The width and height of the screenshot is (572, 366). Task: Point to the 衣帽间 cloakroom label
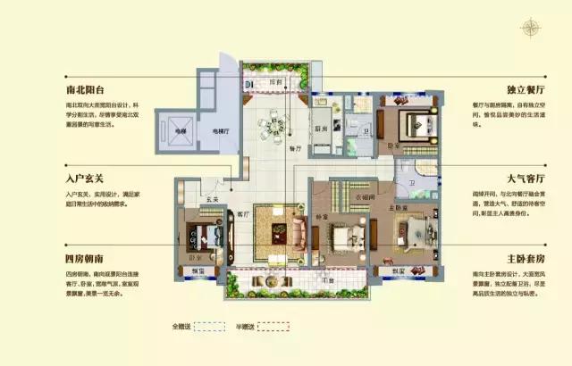[362, 199]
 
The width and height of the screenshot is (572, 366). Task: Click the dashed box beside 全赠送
[208, 328]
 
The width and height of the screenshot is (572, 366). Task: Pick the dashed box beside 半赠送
[271, 328]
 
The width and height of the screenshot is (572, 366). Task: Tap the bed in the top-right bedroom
[410, 122]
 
